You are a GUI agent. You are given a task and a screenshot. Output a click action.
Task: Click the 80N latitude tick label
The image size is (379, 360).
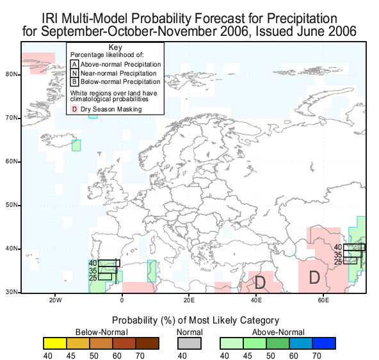tap(12, 74)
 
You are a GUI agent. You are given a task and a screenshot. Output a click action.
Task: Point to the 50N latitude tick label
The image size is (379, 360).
tap(12, 205)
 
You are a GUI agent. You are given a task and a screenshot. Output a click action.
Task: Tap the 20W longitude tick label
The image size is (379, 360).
tap(55, 300)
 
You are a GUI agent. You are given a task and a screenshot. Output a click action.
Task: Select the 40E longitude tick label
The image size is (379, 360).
tap(256, 300)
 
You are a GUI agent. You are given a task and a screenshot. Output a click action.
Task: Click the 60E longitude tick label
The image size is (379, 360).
tap(323, 300)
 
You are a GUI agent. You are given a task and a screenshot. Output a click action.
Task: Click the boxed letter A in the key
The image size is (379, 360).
tap(74, 64)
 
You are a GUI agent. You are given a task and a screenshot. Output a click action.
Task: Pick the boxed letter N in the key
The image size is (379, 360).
tap(74, 73)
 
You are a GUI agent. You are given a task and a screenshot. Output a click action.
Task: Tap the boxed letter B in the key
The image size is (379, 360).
tap(74, 82)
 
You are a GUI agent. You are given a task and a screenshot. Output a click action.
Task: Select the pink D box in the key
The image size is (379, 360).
tap(74, 109)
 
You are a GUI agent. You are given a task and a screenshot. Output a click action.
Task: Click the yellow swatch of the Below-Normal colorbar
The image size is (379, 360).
tap(55, 343)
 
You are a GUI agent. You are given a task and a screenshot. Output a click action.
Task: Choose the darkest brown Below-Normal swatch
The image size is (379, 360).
tap(147, 343)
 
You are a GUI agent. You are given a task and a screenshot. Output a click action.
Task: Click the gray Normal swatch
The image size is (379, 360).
tap(189, 343)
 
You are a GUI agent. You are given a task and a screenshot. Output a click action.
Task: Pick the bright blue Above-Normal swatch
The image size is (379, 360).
tap(324, 343)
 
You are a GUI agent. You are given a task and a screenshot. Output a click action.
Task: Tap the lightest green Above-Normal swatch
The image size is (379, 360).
tap(232, 343)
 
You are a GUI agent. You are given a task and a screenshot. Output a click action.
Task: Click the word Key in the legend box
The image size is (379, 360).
tap(115, 47)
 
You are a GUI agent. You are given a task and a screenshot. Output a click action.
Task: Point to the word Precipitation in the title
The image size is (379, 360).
tap(302, 19)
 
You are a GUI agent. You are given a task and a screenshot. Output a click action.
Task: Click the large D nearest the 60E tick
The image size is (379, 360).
tap(314, 277)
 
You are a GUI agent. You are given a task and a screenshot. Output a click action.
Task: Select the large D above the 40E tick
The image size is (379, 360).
tap(260, 282)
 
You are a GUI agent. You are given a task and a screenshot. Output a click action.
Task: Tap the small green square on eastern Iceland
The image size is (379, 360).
tap(76, 145)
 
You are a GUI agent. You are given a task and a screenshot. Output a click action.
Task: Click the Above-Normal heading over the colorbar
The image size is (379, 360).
tap(278, 332)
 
